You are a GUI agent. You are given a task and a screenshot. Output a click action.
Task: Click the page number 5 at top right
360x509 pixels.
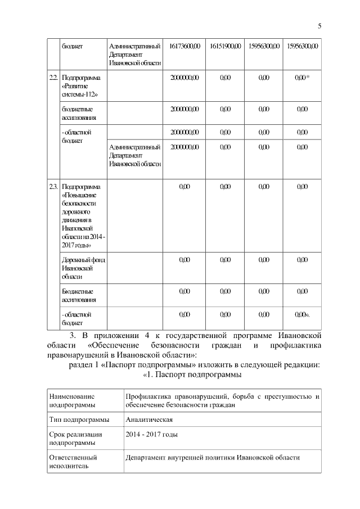(319, 25)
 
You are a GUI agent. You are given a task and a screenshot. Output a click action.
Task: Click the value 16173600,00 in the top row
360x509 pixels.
(184, 46)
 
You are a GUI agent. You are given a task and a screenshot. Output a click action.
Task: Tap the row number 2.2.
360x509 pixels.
(53, 77)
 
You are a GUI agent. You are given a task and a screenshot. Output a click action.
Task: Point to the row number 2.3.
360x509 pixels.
(53, 186)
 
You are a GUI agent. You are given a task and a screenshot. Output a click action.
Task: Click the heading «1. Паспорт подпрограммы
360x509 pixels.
(192, 374)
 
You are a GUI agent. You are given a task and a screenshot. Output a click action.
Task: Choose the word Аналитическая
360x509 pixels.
(149, 420)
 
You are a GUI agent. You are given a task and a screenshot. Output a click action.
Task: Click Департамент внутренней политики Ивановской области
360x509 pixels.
(213, 458)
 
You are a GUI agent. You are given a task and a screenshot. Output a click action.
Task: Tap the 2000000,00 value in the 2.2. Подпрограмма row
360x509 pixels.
(184, 77)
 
